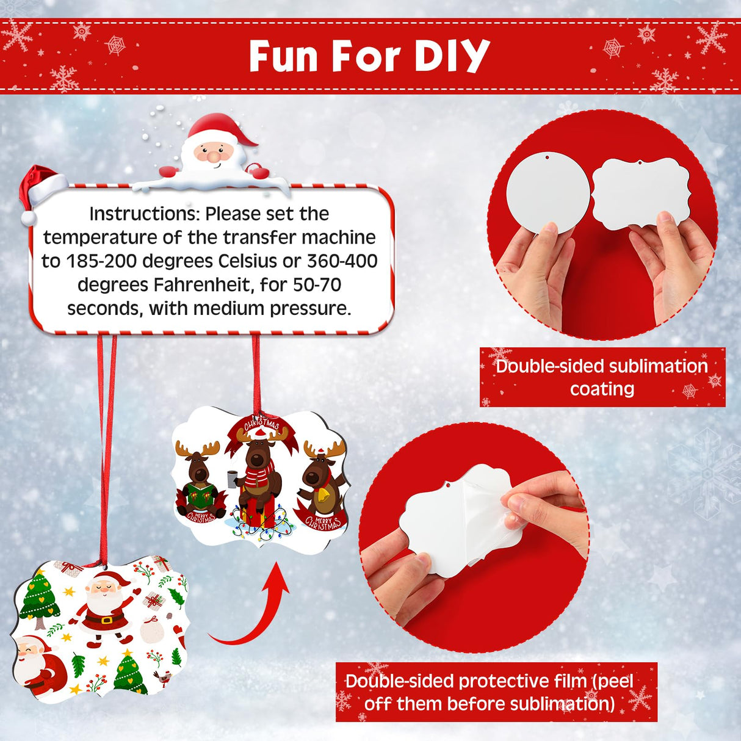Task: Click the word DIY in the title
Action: click(x=452, y=56)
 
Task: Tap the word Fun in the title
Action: click(x=284, y=56)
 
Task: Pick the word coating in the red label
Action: click(x=602, y=389)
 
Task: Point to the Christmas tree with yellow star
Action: click(x=40, y=598)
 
